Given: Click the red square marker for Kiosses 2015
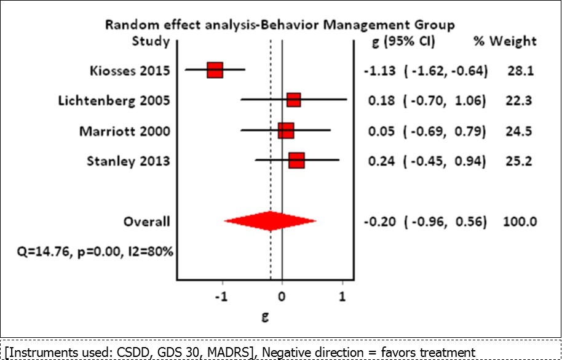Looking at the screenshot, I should point(215,70).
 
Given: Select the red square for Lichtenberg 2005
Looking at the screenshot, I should point(294,100).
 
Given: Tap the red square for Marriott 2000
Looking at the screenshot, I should point(286,130).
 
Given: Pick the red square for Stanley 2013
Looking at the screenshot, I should point(296,161).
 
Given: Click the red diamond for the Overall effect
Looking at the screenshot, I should point(270,221).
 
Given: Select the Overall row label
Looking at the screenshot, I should point(147,221).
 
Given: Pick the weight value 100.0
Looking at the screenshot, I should point(520,221).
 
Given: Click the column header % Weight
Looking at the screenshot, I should point(504,42).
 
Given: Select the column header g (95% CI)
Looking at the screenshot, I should point(396,42).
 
